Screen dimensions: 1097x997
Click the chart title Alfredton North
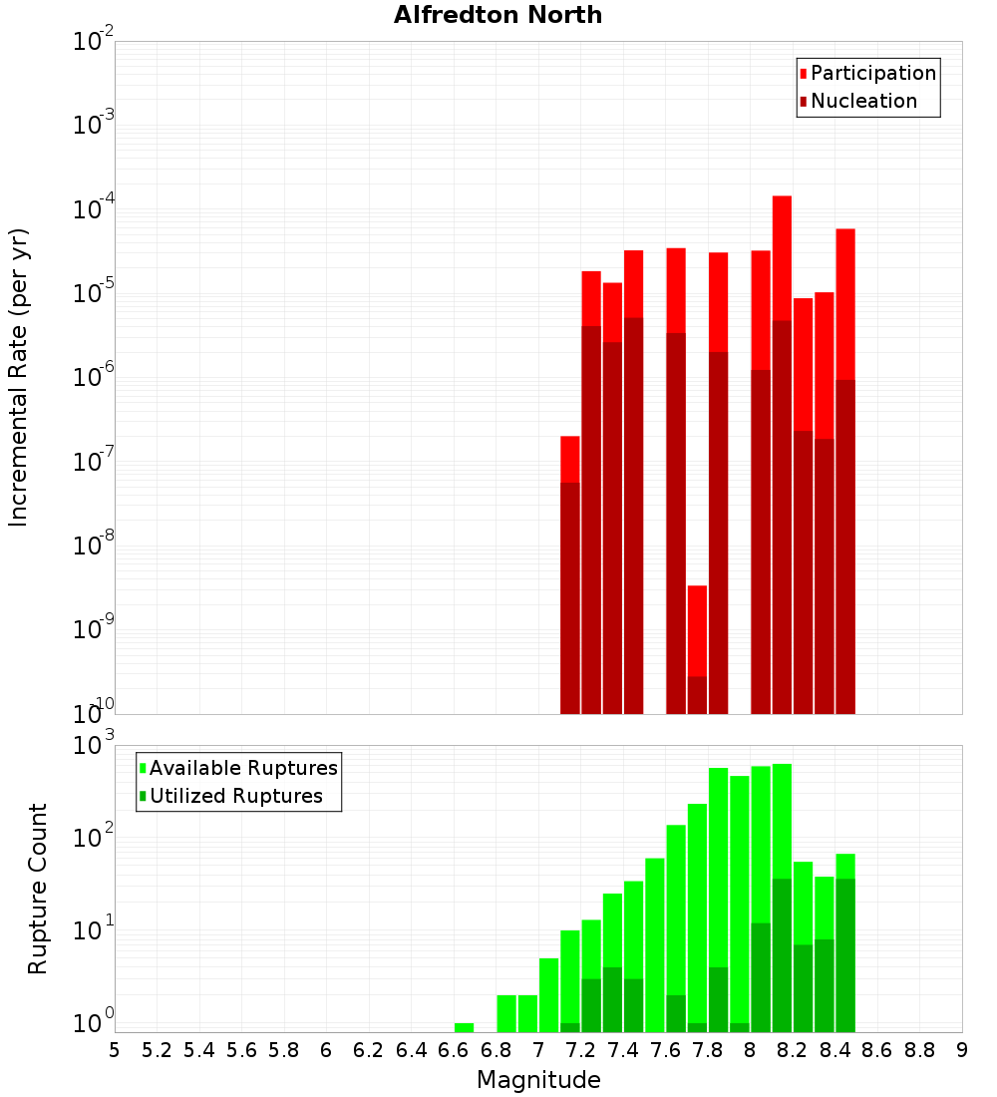tap(498, 15)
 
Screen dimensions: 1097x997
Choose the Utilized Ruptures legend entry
tap(235, 796)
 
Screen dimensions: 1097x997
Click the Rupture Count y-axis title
tap(38, 889)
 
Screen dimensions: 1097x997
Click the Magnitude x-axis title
tap(538, 1080)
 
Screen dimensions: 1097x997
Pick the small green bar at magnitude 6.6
tap(464, 1027)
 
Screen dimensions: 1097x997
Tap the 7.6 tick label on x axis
tap(665, 1050)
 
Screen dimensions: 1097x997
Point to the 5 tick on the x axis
tap(115, 1050)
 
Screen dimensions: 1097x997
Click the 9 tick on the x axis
tap(962, 1050)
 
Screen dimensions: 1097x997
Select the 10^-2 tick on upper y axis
tap(94, 42)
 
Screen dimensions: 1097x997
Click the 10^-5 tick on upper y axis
tap(94, 293)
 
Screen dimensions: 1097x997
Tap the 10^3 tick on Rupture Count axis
tap(94, 745)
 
